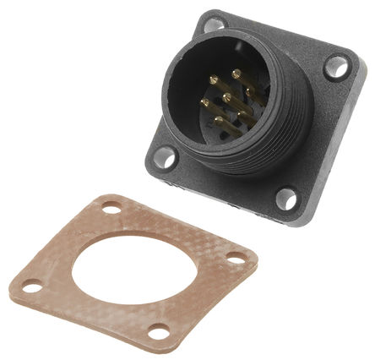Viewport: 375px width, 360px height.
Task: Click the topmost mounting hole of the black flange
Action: pyautogui.click(x=215, y=24)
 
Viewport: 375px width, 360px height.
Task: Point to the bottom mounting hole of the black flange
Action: pyautogui.click(x=287, y=199)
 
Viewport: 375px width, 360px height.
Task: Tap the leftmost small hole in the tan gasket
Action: pyautogui.click(x=31, y=287)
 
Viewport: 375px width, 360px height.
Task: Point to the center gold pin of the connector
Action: pyautogui.click(x=227, y=100)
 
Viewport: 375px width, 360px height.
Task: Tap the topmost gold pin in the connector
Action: pyautogui.click(x=238, y=76)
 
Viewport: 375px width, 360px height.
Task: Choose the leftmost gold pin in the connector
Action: pyautogui.click(x=206, y=104)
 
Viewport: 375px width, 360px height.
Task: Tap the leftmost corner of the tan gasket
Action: pyautogui.click(x=12, y=291)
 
